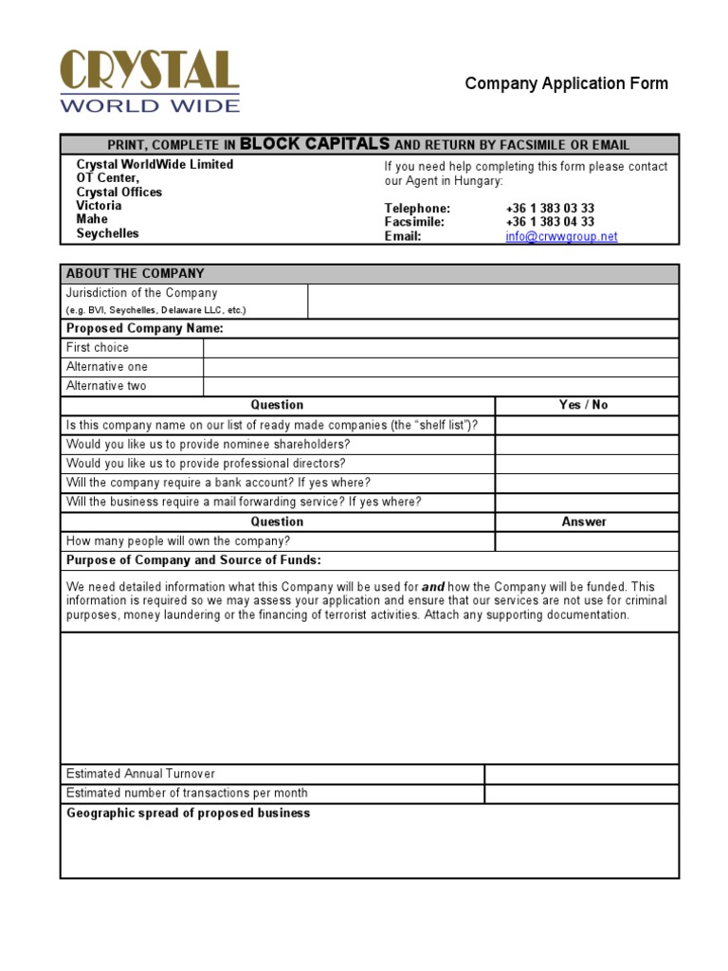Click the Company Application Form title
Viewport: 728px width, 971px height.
click(566, 83)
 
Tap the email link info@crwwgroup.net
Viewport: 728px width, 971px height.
click(561, 236)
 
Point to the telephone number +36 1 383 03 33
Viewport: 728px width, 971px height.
click(550, 208)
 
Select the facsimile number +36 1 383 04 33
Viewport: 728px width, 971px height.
click(550, 222)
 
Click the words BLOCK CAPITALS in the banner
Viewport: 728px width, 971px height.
click(315, 144)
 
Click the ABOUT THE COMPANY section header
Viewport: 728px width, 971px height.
click(136, 273)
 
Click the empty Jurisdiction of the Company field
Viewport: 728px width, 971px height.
click(493, 302)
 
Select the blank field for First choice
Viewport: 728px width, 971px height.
click(441, 348)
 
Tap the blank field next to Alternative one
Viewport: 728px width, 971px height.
click(441, 367)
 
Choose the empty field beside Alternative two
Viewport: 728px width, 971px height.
click(441, 386)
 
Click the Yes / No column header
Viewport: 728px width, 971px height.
click(584, 405)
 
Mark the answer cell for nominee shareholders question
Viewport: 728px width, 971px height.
click(587, 445)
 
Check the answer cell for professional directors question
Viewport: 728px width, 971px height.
click(587, 464)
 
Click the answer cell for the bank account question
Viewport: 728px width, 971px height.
click(587, 483)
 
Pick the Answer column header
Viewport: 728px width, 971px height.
click(584, 522)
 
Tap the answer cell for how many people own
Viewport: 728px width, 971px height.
click(587, 541)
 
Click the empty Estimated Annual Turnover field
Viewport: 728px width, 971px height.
click(581, 774)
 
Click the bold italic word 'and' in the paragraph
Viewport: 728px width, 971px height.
click(432, 587)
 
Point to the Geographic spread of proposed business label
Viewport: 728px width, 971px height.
click(189, 814)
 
